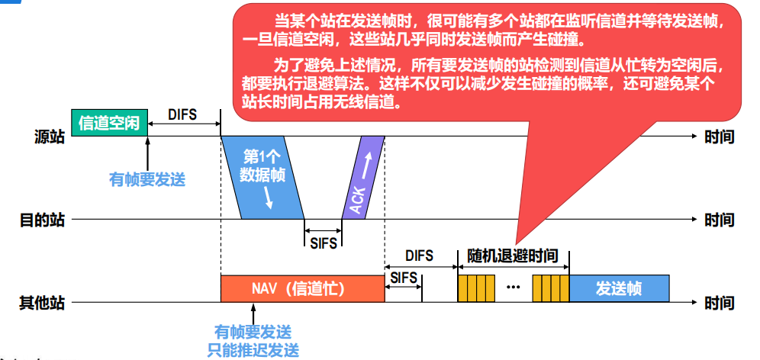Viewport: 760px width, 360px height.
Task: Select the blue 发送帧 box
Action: click(x=619, y=289)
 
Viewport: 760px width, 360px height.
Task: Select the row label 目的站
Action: click(x=42, y=220)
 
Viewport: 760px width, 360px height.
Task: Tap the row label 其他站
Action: click(x=42, y=303)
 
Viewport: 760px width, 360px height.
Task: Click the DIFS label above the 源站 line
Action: click(x=182, y=115)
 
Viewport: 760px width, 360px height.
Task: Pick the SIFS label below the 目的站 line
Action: click(x=323, y=243)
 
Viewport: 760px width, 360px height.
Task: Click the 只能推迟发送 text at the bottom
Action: click(x=253, y=351)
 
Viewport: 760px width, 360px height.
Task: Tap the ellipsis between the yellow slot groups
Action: click(x=513, y=288)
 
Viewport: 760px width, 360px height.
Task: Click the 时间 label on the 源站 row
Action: click(x=719, y=137)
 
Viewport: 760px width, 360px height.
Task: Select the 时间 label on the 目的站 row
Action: click(x=719, y=220)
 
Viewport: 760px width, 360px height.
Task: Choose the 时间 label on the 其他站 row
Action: click(x=719, y=303)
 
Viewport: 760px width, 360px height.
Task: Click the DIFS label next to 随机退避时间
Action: click(x=419, y=256)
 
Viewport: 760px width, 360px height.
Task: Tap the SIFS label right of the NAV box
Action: click(x=404, y=278)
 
